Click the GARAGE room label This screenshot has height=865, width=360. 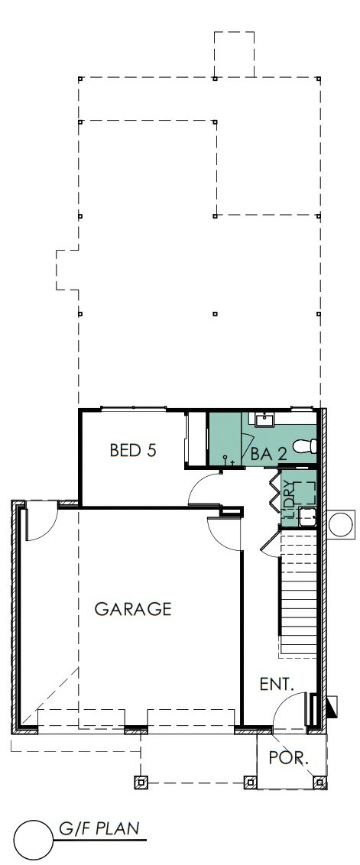(x=132, y=609)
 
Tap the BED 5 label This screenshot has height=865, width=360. (x=133, y=450)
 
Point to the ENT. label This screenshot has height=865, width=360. (x=277, y=685)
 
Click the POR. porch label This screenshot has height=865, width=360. (x=289, y=758)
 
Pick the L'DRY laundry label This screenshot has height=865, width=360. (x=288, y=499)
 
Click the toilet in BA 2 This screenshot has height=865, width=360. (x=305, y=445)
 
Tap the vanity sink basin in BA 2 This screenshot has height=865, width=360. (x=264, y=420)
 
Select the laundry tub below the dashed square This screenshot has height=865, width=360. (x=307, y=517)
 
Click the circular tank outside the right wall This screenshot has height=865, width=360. (x=341, y=523)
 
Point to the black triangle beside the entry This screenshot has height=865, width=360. (x=332, y=707)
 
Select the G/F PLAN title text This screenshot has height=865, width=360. (x=99, y=828)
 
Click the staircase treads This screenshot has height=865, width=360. (x=299, y=594)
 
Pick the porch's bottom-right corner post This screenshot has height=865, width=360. (x=319, y=782)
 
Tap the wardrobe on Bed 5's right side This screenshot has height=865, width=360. (x=194, y=439)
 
